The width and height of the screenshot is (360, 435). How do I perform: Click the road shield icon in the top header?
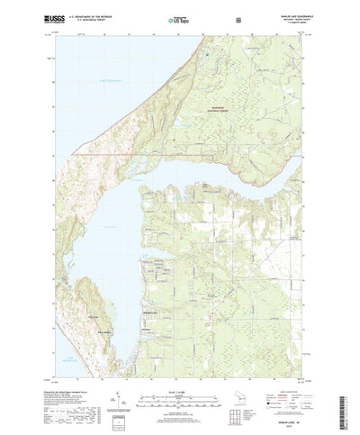[x=237, y=17]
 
